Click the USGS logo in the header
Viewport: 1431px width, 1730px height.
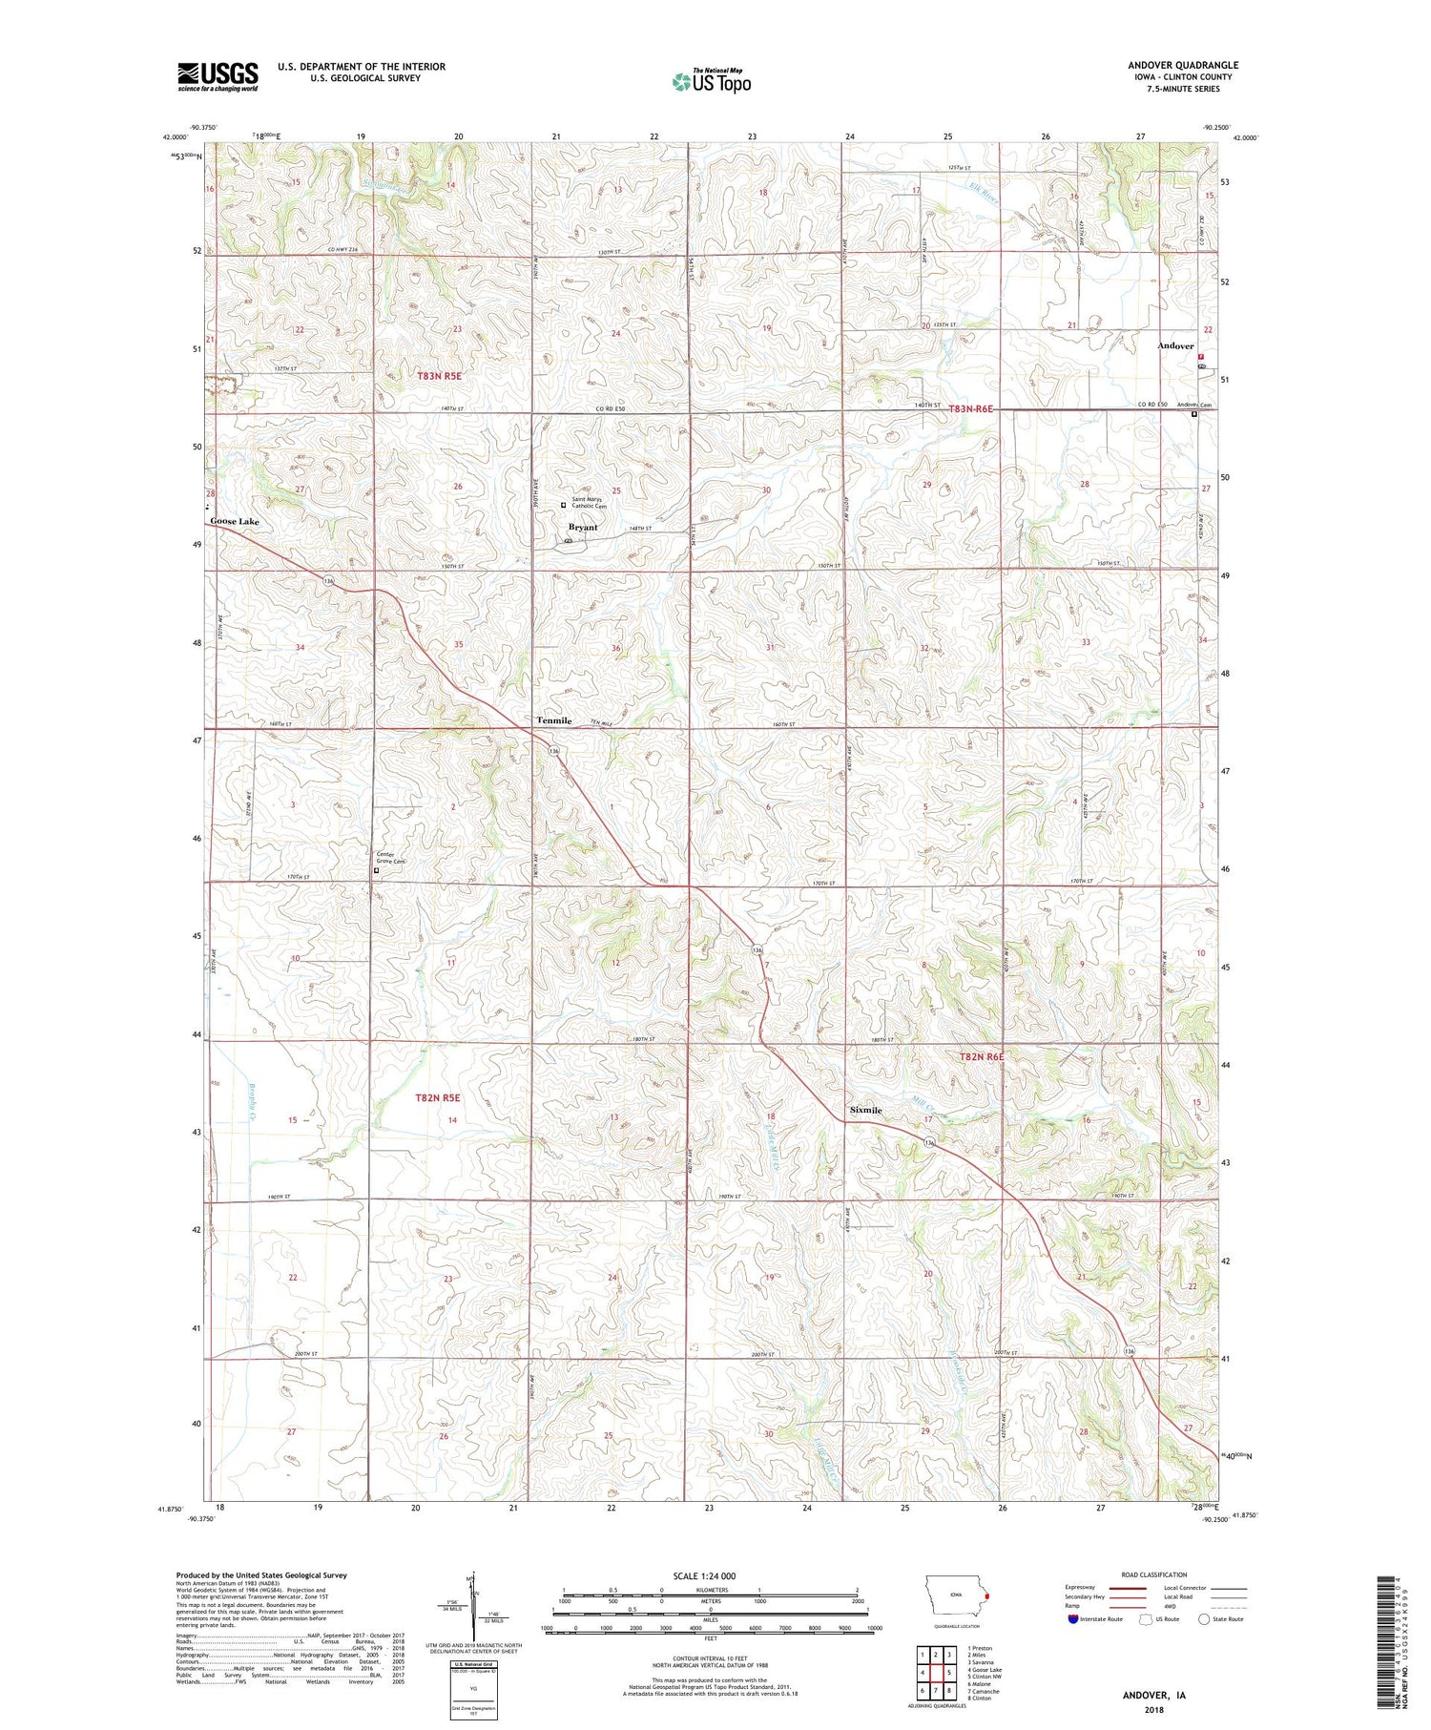218,76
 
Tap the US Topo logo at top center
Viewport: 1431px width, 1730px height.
711,81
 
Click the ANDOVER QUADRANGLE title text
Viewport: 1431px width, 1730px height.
1182,65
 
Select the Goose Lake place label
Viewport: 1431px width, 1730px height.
235,522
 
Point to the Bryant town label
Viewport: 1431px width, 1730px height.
583,527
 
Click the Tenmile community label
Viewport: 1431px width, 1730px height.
553,720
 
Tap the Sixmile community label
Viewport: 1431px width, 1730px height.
865,1111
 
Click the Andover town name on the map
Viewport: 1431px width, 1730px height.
1174,346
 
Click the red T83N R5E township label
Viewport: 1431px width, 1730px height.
439,376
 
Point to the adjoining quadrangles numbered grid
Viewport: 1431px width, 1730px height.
936,1672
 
